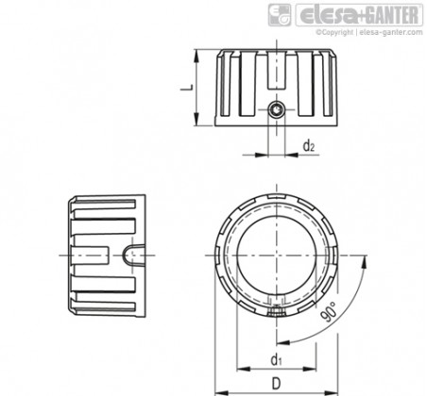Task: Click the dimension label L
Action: click(x=187, y=88)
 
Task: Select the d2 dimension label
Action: click(x=309, y=146)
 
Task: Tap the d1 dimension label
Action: click(x=276, y=359)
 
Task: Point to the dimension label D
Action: click(x=276, y=384)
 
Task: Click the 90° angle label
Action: click(x=329, y=312)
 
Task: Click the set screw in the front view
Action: click(x=276, y=109)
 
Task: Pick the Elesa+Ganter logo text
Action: click(x=360, y=15)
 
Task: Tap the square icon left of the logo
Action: click(x=280, y=15)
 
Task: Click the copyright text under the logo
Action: click(x=369, y=32)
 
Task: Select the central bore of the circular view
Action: click(x=276, y=255)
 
